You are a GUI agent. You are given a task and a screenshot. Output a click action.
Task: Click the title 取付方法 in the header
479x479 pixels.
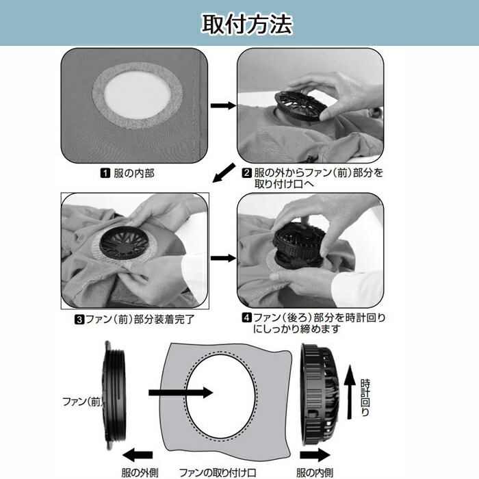(247, 24)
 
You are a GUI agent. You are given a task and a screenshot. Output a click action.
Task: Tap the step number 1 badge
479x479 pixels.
(105, 173)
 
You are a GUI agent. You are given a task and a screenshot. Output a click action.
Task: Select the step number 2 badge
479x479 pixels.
(246, 173)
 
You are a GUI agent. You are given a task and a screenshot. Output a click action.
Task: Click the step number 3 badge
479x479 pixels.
(79, 320)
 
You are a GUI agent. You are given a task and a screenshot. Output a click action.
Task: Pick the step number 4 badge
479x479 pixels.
(246, 318)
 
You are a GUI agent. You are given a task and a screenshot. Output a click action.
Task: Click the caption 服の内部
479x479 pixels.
(134, 174)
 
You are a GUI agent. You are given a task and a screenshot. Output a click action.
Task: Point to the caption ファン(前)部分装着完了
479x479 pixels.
(140, 320)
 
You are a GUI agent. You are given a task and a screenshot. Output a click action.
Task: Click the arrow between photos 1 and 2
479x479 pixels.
(223, 105)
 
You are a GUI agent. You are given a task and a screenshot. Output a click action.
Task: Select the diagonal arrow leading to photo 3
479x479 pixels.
(224, 173)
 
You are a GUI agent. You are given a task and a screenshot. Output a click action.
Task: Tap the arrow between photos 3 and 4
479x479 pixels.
(223, 258)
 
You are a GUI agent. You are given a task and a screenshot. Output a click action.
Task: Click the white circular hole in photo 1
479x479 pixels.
(138, 94)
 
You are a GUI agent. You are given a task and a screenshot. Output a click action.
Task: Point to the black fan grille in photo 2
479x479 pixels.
(300, 105)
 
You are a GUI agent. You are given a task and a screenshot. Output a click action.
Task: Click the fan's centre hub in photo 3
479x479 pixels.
(123, 247)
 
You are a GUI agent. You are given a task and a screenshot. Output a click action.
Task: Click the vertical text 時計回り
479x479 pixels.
(365, 397)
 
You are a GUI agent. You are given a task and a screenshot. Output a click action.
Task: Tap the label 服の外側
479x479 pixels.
(140, 473)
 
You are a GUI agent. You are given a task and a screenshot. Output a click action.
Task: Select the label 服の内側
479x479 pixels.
(314, 473)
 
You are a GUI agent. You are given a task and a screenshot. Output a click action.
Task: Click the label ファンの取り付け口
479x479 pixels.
(217, 473)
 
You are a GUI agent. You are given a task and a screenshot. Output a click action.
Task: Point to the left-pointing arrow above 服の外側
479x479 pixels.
(138, 455)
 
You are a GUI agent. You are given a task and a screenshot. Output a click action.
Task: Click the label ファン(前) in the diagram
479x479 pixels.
(83, 402)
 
